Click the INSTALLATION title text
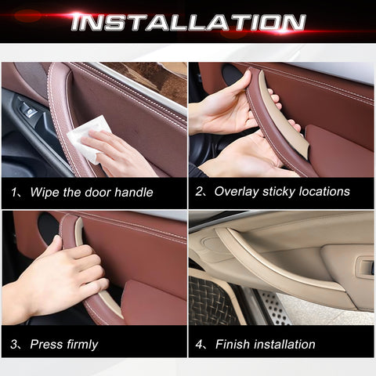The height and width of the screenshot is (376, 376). point(188,21)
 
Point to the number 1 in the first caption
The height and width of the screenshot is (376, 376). point(16,192)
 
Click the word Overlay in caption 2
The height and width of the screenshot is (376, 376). point(236,192)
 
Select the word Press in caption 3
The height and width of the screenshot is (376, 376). point(46,345)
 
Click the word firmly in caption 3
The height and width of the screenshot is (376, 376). point(81,345)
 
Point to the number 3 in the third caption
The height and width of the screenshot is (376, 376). point(16,345)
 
